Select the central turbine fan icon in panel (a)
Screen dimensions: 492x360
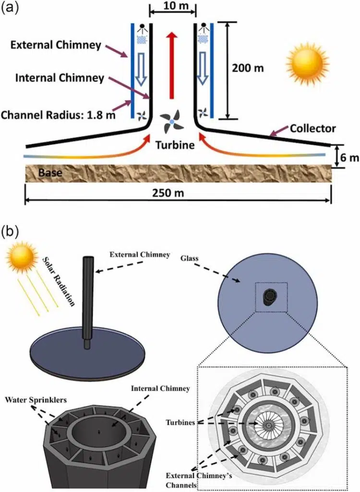coord(171,123)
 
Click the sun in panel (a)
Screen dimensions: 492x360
coord(307,63)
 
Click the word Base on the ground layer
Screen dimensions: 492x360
coord(51,172)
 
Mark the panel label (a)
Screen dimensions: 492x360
coord(11,10)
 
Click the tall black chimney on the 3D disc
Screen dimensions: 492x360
coord(89,298)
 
